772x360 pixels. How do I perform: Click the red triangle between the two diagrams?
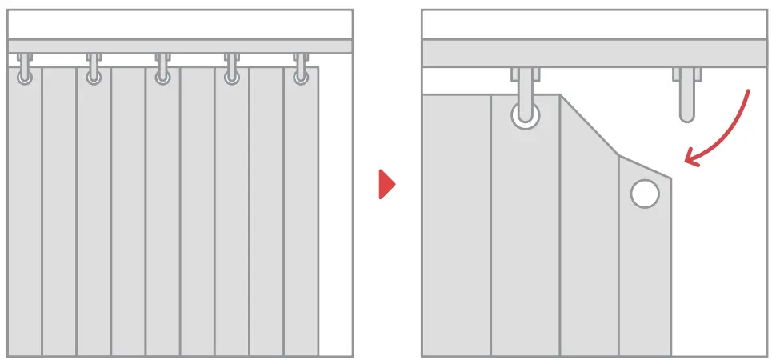386,185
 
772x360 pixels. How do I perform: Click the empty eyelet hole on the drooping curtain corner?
644,194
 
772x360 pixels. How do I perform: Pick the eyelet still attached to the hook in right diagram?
525,115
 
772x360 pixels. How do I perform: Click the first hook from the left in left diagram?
25,69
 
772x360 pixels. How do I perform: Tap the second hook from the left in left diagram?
94,69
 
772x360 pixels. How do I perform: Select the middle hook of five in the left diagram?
162,69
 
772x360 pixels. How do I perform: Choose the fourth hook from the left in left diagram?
232,69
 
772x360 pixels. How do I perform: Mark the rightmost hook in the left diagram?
301,69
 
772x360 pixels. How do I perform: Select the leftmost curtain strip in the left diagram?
24,216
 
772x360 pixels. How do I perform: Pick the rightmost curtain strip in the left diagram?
301,216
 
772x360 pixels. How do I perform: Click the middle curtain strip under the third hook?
162,216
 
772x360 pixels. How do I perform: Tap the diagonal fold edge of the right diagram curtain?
589,125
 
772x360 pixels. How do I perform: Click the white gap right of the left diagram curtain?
335,216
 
